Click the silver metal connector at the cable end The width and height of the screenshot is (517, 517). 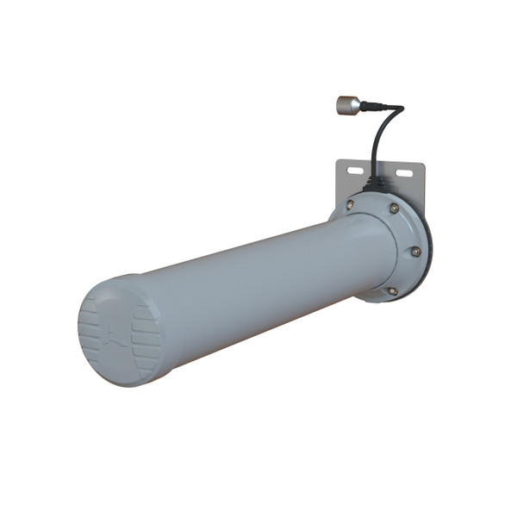coord(347,104)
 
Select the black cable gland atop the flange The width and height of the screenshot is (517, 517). coord(376,183)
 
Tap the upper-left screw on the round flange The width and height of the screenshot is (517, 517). coord(350,205)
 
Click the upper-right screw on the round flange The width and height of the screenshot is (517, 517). coord(394,209)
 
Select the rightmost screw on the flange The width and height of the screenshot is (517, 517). coord(415,251)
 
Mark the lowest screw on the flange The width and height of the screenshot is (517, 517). coord(393,290)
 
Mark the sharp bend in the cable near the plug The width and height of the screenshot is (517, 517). coord(398,110)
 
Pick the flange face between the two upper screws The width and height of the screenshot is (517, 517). coord(372,204)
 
